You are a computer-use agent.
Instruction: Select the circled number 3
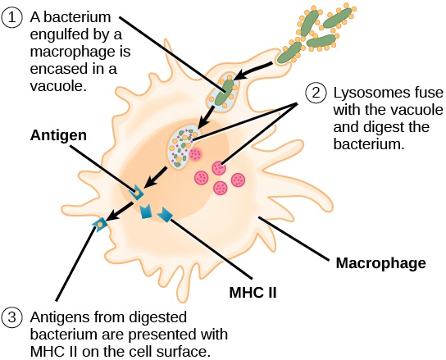14,317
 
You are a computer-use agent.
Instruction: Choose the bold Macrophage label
380,263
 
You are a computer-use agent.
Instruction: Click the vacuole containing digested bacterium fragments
182,145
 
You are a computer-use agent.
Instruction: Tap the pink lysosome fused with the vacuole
195,153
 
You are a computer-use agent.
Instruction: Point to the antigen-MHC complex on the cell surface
101,223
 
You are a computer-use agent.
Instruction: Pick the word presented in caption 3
155,335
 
